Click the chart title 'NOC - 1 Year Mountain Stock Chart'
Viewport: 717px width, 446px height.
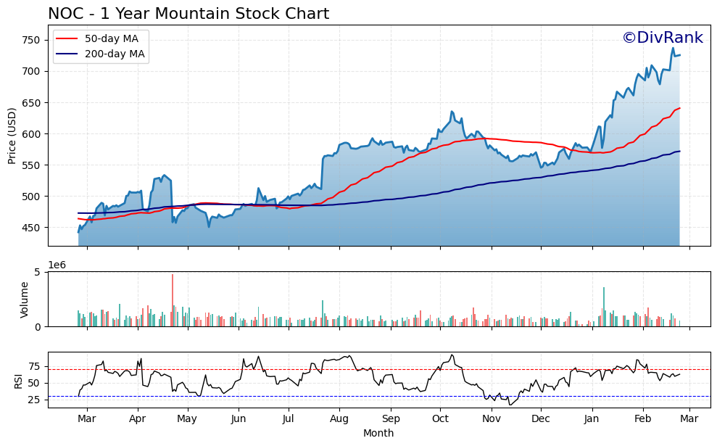coord(188,14)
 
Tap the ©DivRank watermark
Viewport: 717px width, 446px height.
coord(662,38)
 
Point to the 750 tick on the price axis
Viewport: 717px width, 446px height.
coord(30,40)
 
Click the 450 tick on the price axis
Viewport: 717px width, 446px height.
coord(30,228)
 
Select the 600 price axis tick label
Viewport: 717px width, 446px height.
coord(30,134)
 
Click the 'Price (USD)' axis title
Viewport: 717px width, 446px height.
coord(12,136)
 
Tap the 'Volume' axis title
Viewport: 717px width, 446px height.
coord(24,300)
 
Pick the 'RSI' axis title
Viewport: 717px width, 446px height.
coord(18,380)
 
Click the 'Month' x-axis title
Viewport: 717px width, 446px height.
coord(378,434)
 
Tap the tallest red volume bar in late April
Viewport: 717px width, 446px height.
coord(173,300)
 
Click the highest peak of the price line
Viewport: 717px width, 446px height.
coord(673,49)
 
